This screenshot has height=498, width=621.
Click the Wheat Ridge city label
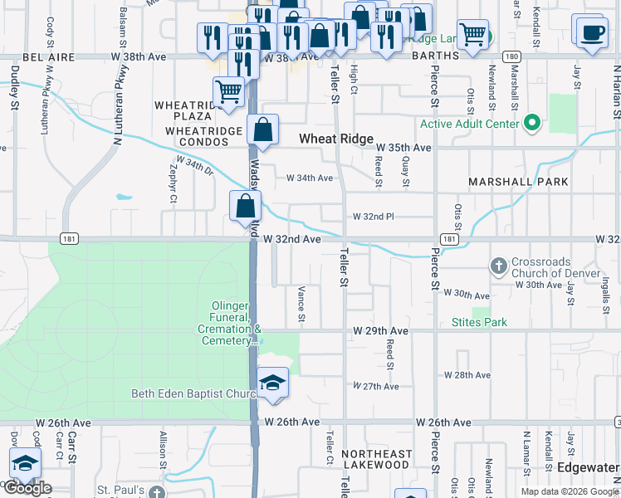pos(337,139)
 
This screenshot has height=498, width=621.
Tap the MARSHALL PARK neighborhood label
pos(518,182)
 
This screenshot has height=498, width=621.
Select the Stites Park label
pos(479,322)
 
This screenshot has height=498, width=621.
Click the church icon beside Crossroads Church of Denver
pos(498,266)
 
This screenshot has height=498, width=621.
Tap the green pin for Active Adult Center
pos(532,124)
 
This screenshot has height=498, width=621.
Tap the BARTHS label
pos(434,56)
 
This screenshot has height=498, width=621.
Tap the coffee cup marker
pos(592,33)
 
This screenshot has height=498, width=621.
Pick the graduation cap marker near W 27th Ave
pos(272,383)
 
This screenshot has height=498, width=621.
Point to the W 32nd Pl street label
pos(373,216)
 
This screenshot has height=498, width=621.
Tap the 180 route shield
pos(511,56)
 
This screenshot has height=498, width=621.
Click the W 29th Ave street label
pos(380,330)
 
